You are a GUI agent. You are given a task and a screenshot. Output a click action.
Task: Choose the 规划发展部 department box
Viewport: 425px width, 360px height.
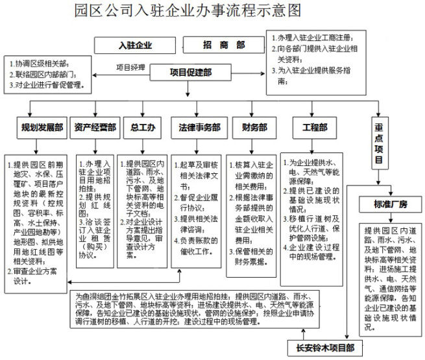42,128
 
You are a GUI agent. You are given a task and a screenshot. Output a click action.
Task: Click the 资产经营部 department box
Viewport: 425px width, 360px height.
95,128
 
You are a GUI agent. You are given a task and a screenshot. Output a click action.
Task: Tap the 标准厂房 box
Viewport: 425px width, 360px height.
389,205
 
